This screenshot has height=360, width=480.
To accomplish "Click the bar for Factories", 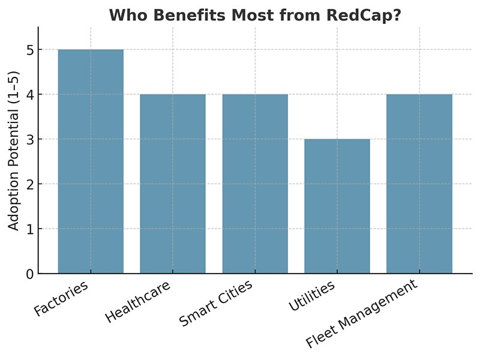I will click(x=91, y=161).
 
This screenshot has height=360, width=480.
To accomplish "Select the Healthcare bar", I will click(x=173, y=184).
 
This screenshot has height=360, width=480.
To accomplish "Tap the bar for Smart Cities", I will click(x=255, y=184).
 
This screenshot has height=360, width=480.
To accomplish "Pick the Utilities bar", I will click(x=337, y=206).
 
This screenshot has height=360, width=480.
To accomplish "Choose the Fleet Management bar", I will click(x=419, y=184).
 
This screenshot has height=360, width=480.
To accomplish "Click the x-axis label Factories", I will click(x=62, y=298).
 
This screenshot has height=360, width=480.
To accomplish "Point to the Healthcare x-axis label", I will click(x=137, y=302).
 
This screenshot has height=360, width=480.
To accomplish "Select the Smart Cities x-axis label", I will click(x=216, y=304).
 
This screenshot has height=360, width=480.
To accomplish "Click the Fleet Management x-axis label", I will click(x=361, y=315).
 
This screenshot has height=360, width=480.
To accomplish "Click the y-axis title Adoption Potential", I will click(x=14, y=150).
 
